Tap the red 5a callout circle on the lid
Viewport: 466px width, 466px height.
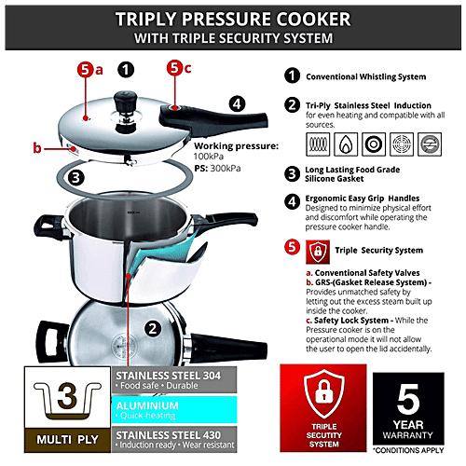click(85, 69)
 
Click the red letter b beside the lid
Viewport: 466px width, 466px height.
click(36, 147)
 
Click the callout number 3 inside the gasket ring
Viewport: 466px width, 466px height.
click(78, 175)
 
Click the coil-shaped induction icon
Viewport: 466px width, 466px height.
click(316, 143)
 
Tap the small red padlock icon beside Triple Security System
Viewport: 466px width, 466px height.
click(317, 250)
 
